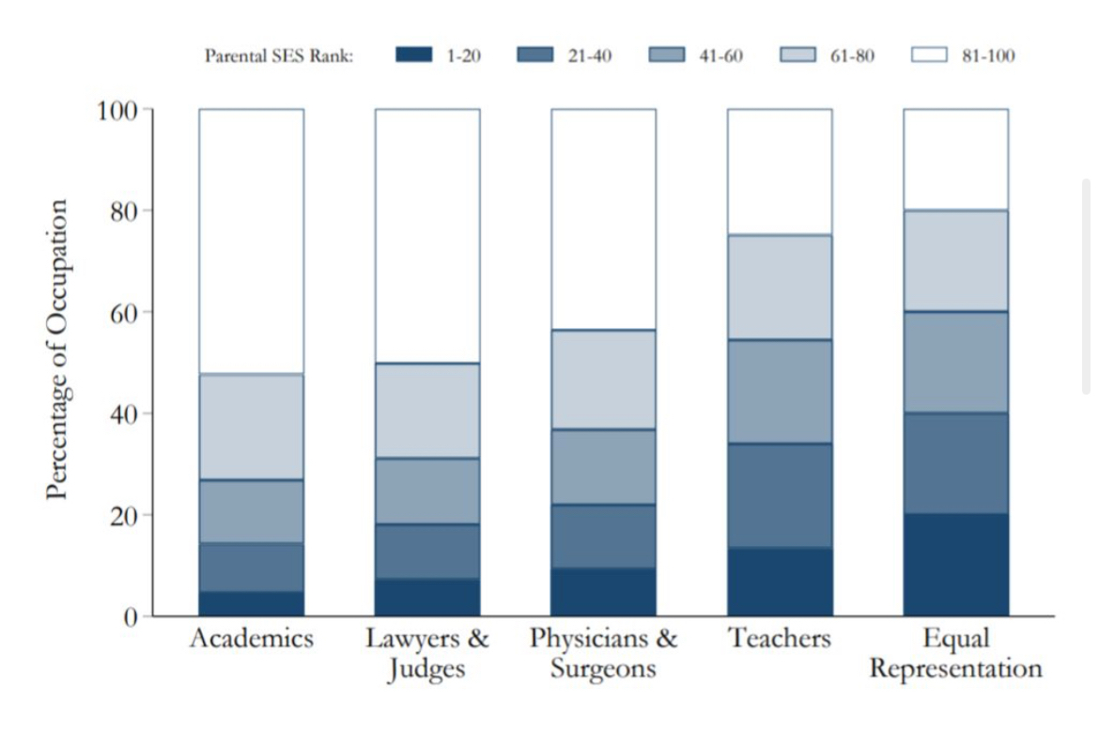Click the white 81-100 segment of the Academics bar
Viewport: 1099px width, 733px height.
click(251, 241)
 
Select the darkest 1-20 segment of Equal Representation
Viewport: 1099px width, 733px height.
click(955, 565)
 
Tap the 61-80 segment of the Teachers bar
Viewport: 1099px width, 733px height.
click(780, 287)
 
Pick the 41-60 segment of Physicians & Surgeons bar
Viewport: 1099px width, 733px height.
click(603, 466)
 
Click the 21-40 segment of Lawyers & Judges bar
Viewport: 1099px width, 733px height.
click(427, 551)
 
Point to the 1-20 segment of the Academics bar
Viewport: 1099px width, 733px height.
click(251, 603)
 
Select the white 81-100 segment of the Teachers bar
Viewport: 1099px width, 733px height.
click(780, 171)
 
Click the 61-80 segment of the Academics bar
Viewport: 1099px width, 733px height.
click(251, 427)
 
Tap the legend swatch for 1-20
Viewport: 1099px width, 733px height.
click(413, 55)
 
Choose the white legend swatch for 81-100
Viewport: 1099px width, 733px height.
click(930, 55)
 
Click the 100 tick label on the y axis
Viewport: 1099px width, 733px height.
click(117, 110)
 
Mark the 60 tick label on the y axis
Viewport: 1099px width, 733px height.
click(125, 312)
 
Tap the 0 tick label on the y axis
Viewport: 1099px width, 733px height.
click(132, 616)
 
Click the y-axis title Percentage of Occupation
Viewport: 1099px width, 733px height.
click(58, 349)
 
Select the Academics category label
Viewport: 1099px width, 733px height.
click(251, 640)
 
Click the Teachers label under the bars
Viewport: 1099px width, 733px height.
click(780, 640)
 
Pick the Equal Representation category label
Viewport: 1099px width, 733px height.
click(955, 654)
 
